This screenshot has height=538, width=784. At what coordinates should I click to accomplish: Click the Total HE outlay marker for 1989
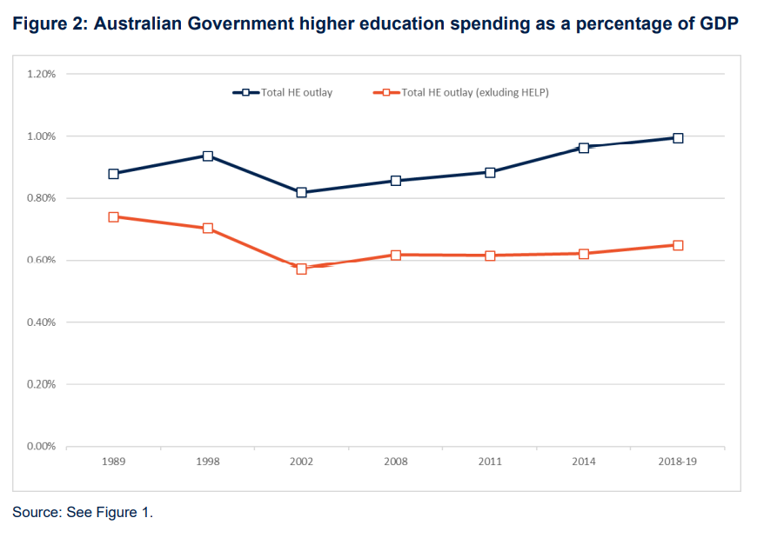point(113,174)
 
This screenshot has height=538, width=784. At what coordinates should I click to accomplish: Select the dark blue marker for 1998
point(208,156)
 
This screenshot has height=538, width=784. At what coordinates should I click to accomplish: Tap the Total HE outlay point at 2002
point(302,192)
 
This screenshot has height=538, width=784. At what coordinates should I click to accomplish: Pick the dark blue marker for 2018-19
point(678,138)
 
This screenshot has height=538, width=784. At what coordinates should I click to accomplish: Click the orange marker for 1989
point(113,217)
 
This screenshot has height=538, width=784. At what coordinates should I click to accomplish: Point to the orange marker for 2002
point(302,269)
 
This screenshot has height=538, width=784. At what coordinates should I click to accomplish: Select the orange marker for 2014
point(584,254)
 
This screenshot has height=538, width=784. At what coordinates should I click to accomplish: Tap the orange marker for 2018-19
point(678,245)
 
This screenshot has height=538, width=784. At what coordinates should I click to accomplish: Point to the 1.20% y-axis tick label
point(41,75)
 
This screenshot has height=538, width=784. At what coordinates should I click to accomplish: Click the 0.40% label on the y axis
point(41,322)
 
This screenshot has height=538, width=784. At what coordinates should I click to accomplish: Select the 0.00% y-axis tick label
point(41,447)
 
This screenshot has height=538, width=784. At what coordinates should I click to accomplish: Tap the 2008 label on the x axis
point(396,462)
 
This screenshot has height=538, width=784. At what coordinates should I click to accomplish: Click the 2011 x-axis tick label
point(490,462)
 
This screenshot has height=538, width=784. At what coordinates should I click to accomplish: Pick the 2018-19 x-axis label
point(678,462)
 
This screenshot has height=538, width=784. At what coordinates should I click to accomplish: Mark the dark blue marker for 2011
point(490,172)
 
